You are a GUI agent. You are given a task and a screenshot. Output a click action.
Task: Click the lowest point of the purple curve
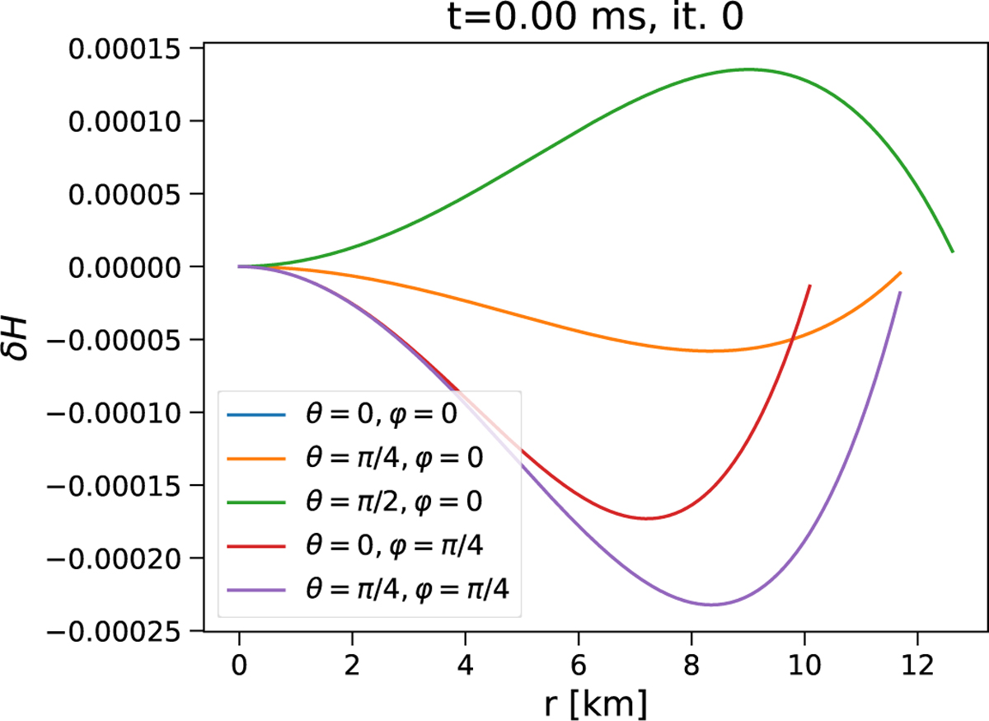coord(711,605)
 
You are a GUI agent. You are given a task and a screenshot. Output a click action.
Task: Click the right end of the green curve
coord(953,252)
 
